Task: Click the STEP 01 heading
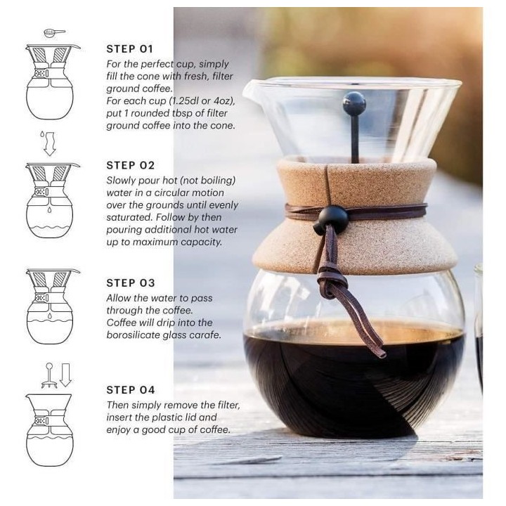pos(129,49)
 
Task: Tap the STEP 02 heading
pos(130,165)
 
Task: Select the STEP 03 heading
pos(130,283)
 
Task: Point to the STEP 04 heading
pos(130,389)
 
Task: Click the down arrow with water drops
pos(49,142)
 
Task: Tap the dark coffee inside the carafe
pos(351,379)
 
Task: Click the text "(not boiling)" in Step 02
pos(207,181)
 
